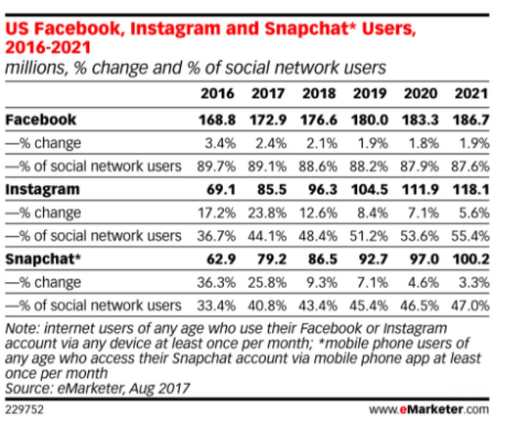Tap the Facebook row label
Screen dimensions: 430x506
pos(41,120)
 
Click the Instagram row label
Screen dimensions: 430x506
pos(42,189)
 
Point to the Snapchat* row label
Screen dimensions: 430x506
pos(43,259)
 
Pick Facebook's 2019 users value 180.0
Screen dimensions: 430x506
pos(369,120)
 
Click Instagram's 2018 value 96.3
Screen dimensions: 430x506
pos(320,189)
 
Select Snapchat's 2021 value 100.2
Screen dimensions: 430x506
pos(471,259)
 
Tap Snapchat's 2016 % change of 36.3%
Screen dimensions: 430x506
pos(216,282)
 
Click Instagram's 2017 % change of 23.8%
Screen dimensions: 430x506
pos(267,213)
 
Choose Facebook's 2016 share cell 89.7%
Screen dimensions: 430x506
pos(216,166)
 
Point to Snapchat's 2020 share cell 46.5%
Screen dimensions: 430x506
pos(420,305)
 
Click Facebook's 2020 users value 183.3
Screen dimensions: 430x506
pos(420,120)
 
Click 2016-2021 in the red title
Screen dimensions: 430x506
pos(48,47)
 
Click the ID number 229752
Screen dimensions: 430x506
pos(24,410)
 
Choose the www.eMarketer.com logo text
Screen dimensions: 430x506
pos(429,409)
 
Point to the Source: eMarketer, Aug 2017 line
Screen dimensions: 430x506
pos(98,387)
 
